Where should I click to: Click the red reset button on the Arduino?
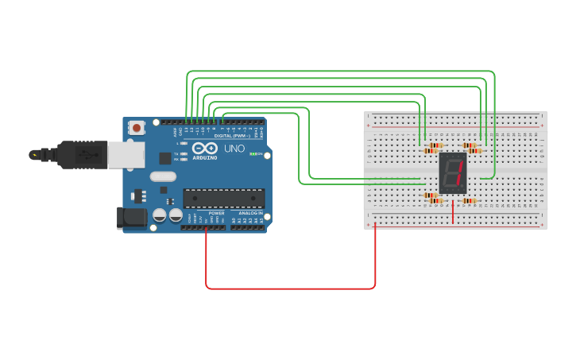tap(137, 126)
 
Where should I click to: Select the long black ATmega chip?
tap(224, 198)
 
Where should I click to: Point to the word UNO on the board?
tap(234, 149)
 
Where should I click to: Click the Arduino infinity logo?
tap(205, 148)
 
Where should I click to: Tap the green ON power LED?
tap(253, 153)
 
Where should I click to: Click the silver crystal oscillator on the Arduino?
tap(161, 176)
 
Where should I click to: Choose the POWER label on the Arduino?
tap(216, 213)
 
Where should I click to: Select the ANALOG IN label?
tap(251, 213)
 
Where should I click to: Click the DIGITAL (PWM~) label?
tap(231, 136)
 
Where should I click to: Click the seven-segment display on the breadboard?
tap(452, 172)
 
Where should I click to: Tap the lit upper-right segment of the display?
tap(460, 166)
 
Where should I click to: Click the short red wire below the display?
tap(453, 211)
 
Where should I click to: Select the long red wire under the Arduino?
tap(290, 288)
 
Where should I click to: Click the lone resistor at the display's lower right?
tap(469, 200)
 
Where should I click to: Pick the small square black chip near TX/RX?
tap(165, 158)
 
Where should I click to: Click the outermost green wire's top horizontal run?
tap(342, 72)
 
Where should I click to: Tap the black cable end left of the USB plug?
tap(36, 154)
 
